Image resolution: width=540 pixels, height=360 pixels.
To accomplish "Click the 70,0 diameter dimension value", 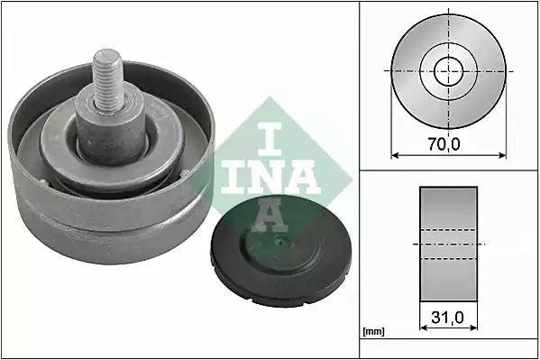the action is [444, 143].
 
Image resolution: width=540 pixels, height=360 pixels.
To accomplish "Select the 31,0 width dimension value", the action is [447, 318].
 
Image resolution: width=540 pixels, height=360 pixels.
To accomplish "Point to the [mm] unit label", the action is [373, 332].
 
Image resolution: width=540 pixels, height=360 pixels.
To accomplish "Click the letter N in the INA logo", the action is [265, 177].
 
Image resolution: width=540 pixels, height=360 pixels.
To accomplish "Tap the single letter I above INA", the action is [270, 139].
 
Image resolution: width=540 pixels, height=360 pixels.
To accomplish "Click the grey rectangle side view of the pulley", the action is [448, 244].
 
